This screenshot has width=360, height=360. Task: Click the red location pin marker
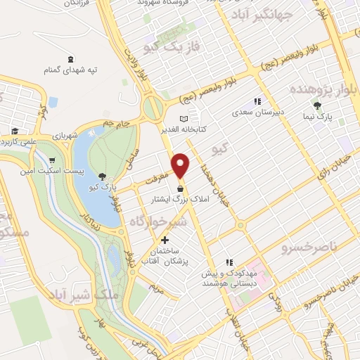[x=181, y=165]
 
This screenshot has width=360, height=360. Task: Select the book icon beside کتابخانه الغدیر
[x=185, y=119]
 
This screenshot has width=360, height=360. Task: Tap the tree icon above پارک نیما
[x=318, y=105]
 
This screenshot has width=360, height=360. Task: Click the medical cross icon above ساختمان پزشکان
[x=165, y=240]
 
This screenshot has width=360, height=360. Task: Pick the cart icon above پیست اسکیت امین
[x=53, y=160]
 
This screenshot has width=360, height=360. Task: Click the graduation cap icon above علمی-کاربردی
[x=15, y=131]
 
